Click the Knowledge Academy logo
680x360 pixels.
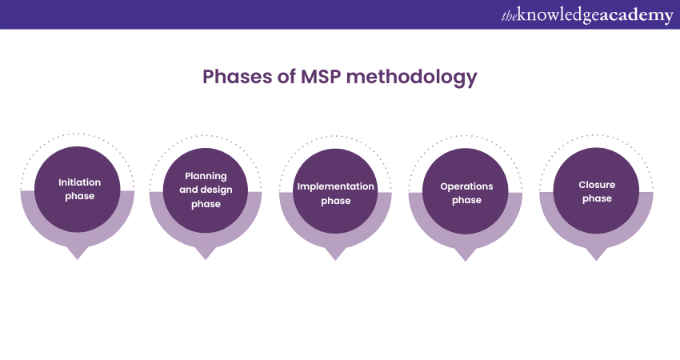(x=586, y=15)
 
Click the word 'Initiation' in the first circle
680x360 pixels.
(x=79, y=182)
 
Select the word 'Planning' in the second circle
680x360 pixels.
(x=206, y=176)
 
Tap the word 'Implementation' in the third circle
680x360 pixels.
(x=335, y=186)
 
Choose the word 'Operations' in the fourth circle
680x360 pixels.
(x=466, y=186)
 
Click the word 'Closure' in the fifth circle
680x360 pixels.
(x=596, y=185)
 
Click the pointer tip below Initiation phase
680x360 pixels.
(x=77, y=254)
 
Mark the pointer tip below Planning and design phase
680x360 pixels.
(x=206, y=254)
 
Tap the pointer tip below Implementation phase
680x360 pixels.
(x=335, y=255)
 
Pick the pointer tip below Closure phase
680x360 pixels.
(x=596, y=255)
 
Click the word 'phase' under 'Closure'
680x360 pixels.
(x=596, y=199)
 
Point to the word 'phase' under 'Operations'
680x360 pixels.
(x=466, y=201)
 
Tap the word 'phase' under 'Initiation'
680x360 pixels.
(x=79, y=196)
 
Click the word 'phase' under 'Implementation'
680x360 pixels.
(x=335, y=201)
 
